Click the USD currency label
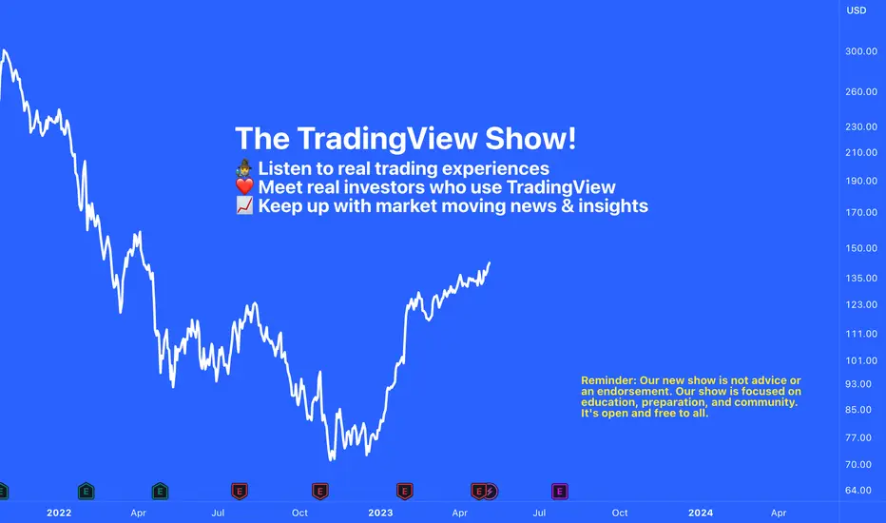(856, 10)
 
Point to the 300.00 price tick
(861, 51)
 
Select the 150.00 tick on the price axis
(861, 247)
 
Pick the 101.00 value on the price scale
(861, 360)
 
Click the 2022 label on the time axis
(59, 513)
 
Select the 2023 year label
(380, 513)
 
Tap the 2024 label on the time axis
(700, 513)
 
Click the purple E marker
(559, 492)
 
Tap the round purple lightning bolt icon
(491, 492)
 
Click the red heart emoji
(244, 186)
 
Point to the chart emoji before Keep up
(244, 205)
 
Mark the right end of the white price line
(490, 262)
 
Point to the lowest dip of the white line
(331, 458)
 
